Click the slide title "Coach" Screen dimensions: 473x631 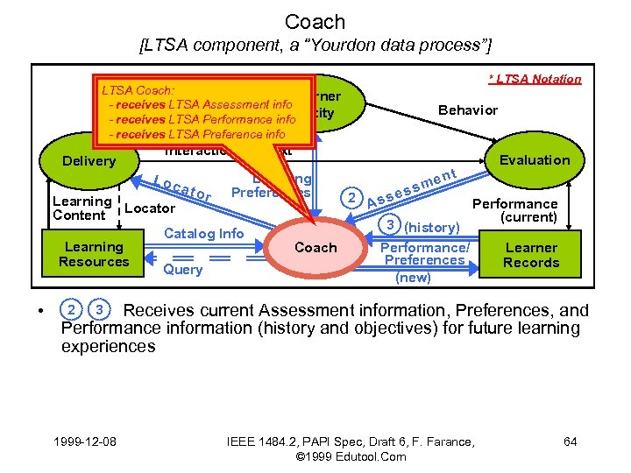315,22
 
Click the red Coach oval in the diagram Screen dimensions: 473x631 315,248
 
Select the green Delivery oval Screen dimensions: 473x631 89,161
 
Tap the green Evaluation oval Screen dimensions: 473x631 534,159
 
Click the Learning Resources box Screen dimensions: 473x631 94,255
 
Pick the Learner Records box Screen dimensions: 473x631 531,255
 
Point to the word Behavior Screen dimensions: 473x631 468,109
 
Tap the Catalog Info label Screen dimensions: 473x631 204,233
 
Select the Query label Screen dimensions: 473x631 182,270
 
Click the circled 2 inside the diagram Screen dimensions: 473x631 351,197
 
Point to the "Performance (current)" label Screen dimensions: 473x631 515,210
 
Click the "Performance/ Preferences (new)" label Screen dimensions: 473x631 424,262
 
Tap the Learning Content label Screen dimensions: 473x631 82,208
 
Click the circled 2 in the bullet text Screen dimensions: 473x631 71,310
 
